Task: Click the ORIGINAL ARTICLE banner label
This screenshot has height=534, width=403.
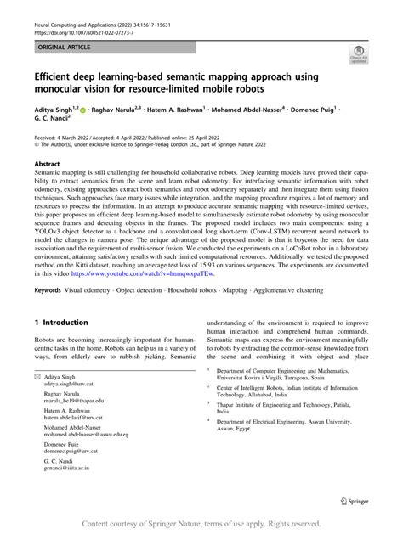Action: (58, 39)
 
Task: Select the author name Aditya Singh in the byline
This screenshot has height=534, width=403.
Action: (55, 111)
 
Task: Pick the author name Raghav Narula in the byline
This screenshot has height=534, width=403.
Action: (132, 111)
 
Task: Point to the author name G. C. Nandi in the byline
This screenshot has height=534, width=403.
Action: (55, 122)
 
